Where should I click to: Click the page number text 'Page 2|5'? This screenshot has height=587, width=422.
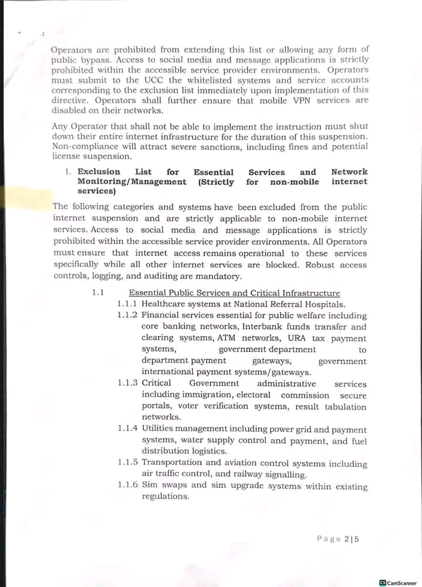337,538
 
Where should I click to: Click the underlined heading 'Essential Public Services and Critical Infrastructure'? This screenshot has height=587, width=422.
234,293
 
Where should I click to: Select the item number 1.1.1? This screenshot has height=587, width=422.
127,304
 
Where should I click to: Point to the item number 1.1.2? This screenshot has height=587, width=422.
127,315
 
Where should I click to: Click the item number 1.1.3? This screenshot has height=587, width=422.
127,383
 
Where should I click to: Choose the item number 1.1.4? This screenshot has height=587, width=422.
127,429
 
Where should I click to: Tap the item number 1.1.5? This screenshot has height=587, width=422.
127,463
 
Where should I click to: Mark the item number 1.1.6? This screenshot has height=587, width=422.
127,485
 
